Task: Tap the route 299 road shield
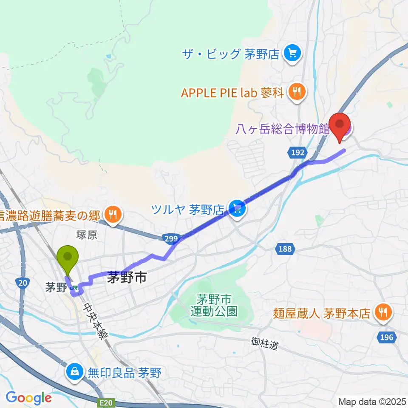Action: pyautogui.click(x=170, y=240)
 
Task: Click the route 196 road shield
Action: pyautogui.click(x=387, y=337)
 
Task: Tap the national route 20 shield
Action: pyautogui.click(x=22, y=282)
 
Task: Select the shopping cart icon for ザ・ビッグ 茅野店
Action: pyautogui.click(x=292, y=54)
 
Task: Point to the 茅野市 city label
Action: pyautogui.click(x=127, y=278)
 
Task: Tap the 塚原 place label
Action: pyautogui.click(x=87, y=235)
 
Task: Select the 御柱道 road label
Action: pyautogui.click(x=264, y=343)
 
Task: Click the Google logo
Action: pyautogui.click(x=28, y=398)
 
